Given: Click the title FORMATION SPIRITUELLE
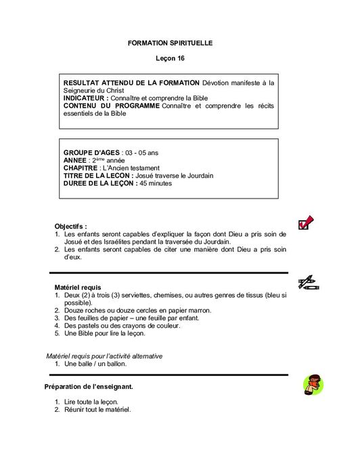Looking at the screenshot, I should (170, 43).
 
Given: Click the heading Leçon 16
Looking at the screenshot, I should (170, 60).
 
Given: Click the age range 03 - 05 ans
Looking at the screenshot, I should (143, 153).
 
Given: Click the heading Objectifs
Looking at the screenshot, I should (70, 226).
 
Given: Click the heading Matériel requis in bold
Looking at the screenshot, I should (77, 287).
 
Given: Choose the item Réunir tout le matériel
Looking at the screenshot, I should (97, 410).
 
